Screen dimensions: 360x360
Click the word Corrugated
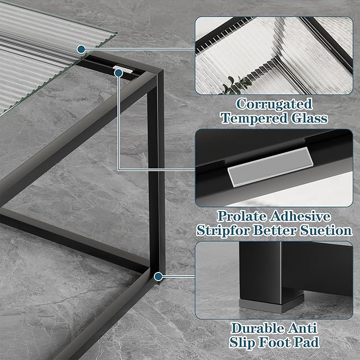click(x=274, y=103)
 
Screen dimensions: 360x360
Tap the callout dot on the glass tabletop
click(x=81, y=49)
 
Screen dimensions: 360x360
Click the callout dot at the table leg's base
click(x=157, y=276)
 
